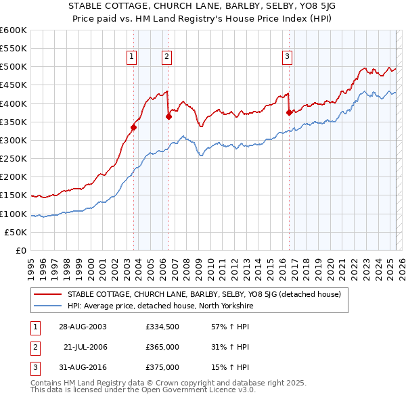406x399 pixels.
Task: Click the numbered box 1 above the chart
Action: click(x=131, y=57)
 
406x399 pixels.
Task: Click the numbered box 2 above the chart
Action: click(x=166, y=57)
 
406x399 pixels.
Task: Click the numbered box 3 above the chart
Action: click(x=288, y=57)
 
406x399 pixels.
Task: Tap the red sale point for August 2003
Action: click(x=133, y=127)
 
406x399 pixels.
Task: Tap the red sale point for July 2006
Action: click(x=168, y=116)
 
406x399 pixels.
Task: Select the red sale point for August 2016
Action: click(x=290, y=112)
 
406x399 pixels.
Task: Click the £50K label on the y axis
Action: click(x=16, y=233)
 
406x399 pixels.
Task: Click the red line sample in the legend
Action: click(x=47, y=294)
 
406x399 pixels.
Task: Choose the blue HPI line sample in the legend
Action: click(x=47, y=306)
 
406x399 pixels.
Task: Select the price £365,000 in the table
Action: click(x=162, y=348)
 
